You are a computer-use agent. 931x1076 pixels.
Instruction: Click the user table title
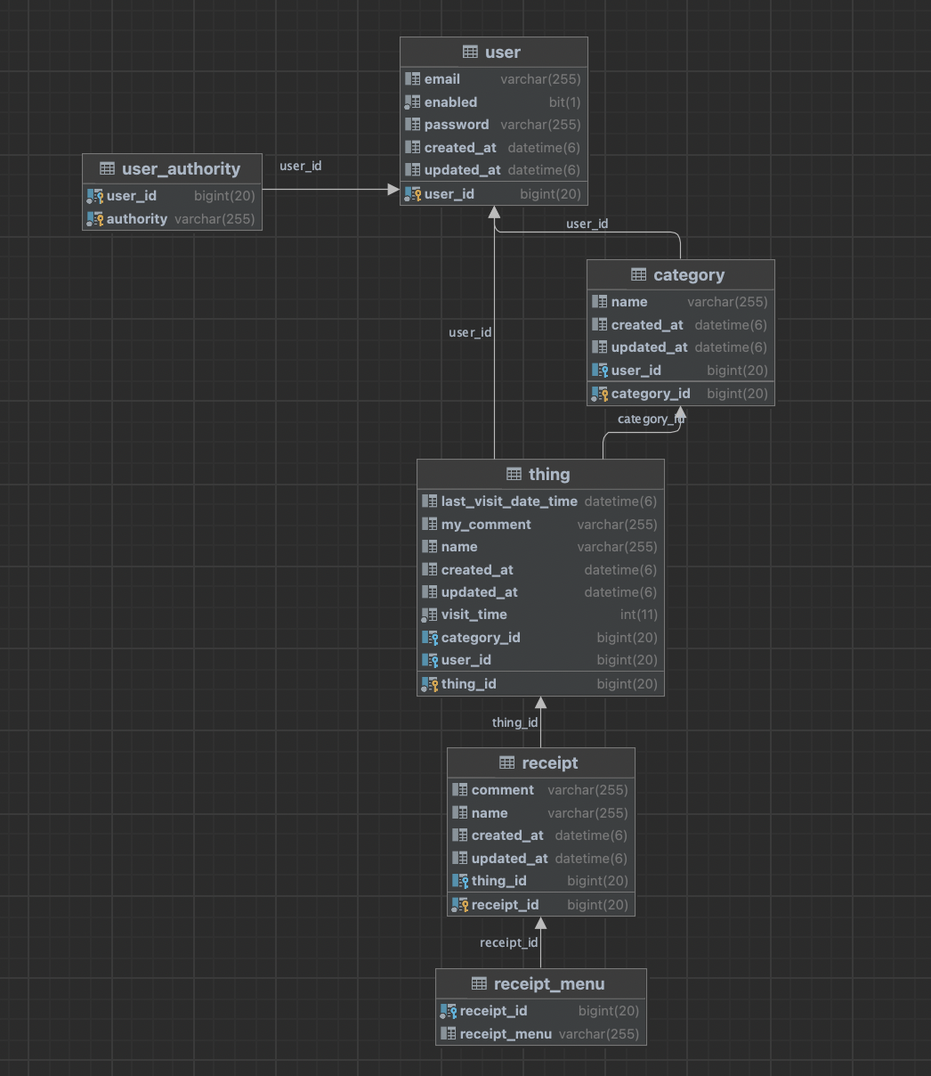[x=502, y=52]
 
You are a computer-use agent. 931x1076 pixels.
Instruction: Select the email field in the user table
[x=441, y=79]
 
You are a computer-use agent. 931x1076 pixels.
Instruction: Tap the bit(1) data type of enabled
[x=564, y=102]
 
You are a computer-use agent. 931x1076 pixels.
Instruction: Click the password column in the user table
[x=456, y=125]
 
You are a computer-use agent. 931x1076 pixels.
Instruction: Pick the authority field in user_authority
[x=137, y=218]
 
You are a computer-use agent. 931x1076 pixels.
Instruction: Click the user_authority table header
[x=181, y=168]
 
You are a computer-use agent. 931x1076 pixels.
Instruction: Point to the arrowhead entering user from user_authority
[x=393, y=190]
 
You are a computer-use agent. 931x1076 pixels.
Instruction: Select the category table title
[x=689, y=275]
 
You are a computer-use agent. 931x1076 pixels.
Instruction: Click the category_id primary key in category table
[x=650, y=394]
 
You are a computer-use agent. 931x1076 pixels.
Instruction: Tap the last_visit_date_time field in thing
[x=509, y=501]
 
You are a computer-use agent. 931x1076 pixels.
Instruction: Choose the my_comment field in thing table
[x=486, y=525]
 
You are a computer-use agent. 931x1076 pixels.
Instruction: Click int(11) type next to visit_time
[x=639, y=615]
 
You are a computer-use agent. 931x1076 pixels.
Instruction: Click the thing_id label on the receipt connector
[x=515, y=722]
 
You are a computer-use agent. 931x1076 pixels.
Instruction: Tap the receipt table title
[x=550, y=763]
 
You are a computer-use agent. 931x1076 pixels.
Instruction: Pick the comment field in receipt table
[x=502, y=790]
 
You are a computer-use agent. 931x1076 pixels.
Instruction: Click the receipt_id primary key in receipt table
[x=505, y=905]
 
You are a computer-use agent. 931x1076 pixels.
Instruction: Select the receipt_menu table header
[x=549, y=984]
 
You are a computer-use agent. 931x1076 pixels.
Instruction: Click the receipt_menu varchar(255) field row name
[x=506, y=1034]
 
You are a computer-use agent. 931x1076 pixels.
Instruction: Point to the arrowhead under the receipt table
[x=541, y=923]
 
